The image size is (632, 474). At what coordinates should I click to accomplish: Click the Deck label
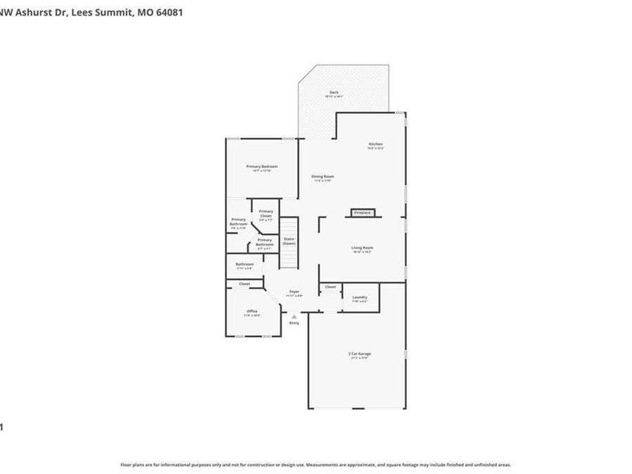pos(334,93)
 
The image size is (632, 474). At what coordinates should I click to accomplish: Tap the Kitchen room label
pos(376,144)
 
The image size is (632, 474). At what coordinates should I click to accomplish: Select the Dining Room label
pos(322,176)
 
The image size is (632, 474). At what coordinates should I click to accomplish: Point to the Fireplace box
pos(362,213)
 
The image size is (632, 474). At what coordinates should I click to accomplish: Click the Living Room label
pos(362,248)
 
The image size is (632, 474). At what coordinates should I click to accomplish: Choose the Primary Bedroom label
pos(262,166)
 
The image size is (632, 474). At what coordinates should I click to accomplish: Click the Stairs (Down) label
pos(289,241)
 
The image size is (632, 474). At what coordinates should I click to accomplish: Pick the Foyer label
pos(294,291)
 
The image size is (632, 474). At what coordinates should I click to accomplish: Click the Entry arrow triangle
pos(294,316)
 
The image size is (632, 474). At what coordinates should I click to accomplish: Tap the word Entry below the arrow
pos(294,323)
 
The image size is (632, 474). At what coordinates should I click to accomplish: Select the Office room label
pos(252,311)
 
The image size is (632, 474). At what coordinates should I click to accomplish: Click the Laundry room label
pos(360,297)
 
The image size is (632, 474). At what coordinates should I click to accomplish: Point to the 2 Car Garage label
pos(360,353)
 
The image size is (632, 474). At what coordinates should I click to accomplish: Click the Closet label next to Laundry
pos(330,287)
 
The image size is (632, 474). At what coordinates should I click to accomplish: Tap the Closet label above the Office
pos(244,284)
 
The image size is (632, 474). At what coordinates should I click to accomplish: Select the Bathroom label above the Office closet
pos(244,265)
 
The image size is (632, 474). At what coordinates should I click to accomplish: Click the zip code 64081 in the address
pos(168,12)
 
